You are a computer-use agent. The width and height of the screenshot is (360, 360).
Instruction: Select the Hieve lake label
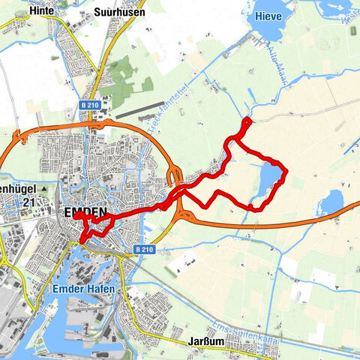tap(268, 15)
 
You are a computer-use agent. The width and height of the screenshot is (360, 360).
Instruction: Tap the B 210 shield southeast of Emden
tap(145, 248)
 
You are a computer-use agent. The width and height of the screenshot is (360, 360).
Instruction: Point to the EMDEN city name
tap(85, 212)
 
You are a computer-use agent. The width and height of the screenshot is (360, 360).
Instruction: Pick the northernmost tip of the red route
tap(247, 120)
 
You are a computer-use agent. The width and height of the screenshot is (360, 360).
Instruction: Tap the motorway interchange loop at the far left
tap(16, 139)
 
